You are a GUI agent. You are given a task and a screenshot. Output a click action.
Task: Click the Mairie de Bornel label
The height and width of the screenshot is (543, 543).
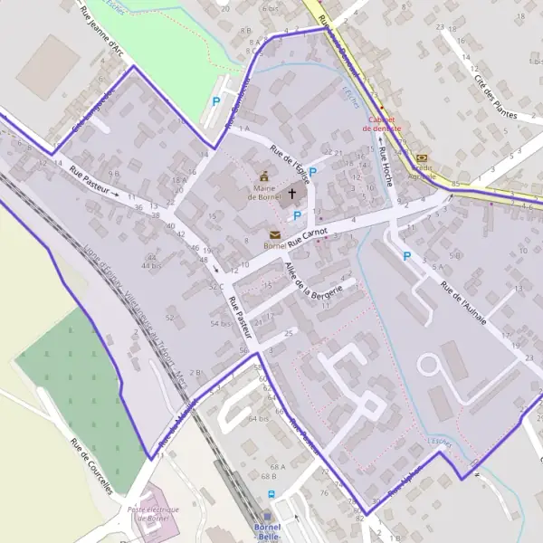264,192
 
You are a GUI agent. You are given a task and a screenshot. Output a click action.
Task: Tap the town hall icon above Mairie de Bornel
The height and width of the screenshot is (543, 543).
264,176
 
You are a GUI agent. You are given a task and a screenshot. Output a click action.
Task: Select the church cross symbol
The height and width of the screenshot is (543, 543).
292,193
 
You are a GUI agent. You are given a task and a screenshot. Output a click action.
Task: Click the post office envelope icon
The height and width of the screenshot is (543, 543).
274,234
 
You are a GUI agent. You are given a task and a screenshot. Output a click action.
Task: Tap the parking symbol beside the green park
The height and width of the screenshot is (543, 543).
215,102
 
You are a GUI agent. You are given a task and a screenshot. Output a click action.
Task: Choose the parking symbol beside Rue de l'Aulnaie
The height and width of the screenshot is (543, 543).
406,257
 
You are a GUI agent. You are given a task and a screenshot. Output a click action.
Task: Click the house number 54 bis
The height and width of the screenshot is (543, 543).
220,323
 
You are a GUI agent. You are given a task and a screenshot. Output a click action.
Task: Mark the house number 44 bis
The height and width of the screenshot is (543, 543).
150,266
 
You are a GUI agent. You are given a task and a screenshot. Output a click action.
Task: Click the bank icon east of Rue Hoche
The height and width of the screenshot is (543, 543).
422,157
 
